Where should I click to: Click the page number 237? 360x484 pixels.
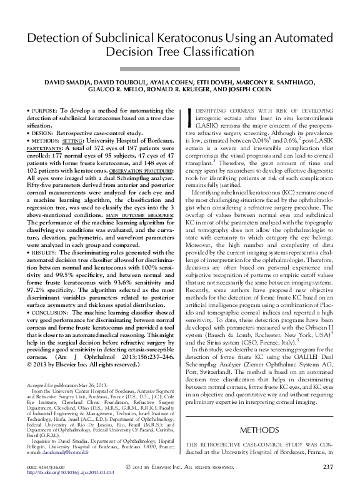tap(329, 466)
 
